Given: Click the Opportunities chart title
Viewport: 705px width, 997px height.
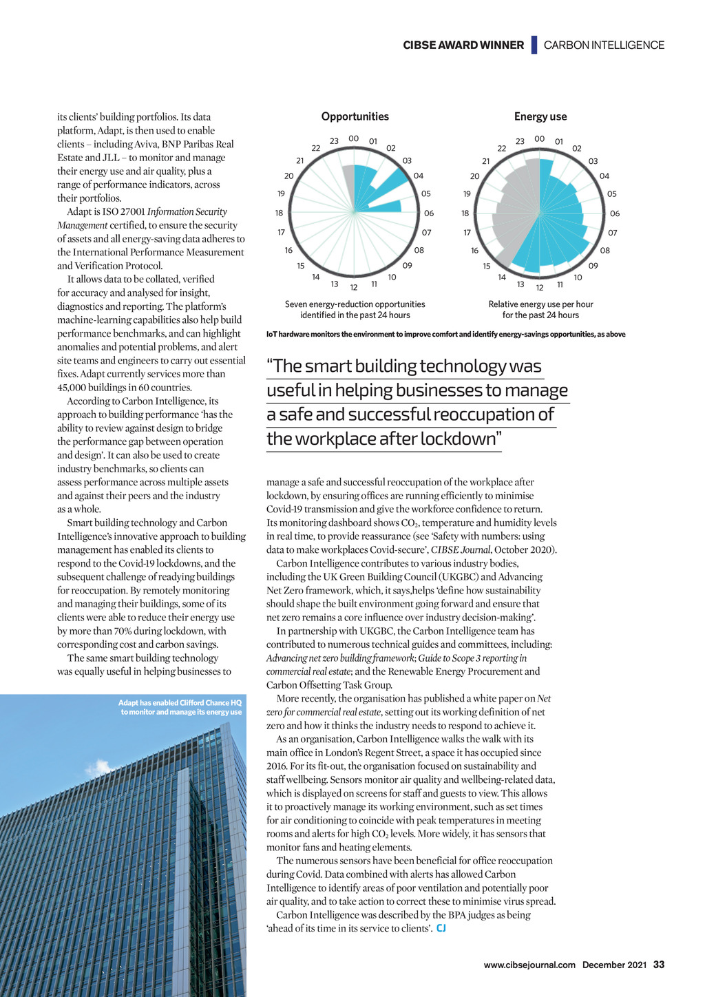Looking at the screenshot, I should [355, 117].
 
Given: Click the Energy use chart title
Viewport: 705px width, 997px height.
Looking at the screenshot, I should [540, 117].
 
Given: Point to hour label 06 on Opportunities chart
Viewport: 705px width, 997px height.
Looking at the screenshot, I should [429, 213].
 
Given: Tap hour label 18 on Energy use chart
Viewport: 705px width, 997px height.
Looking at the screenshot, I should [465, 213].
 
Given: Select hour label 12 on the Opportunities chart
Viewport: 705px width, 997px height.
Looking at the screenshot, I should [354, 287].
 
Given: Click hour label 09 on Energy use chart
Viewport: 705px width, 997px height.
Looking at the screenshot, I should [593, 266].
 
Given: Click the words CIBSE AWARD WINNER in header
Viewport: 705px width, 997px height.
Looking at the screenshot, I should [463, 45].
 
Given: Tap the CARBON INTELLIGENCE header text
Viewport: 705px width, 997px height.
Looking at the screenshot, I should [604, 45].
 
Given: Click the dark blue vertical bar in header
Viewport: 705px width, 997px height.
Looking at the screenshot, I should [534, 45].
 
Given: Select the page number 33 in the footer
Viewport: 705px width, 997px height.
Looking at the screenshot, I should [659, 965].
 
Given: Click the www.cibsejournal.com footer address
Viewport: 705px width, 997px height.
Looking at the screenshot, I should [529, 965].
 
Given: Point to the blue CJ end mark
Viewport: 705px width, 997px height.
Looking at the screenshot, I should [441, 929].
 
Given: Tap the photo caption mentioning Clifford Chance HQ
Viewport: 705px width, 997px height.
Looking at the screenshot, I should [180, 707].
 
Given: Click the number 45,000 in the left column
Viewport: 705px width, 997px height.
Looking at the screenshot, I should [72, 388].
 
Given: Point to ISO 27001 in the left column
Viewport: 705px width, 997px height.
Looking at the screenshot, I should [123, 212].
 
